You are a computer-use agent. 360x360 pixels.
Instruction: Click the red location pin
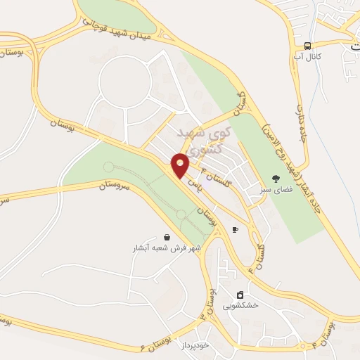(181, 165)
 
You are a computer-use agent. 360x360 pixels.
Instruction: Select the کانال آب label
(307, 56)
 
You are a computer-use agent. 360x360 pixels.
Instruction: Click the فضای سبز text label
(275, 188)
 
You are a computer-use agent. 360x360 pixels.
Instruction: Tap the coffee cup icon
(235, 229)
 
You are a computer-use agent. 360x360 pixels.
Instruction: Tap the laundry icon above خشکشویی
(240, 294)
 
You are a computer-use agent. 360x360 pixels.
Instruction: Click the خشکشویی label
(241, 305)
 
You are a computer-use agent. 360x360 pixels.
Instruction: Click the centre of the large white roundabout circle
(126, 83)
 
